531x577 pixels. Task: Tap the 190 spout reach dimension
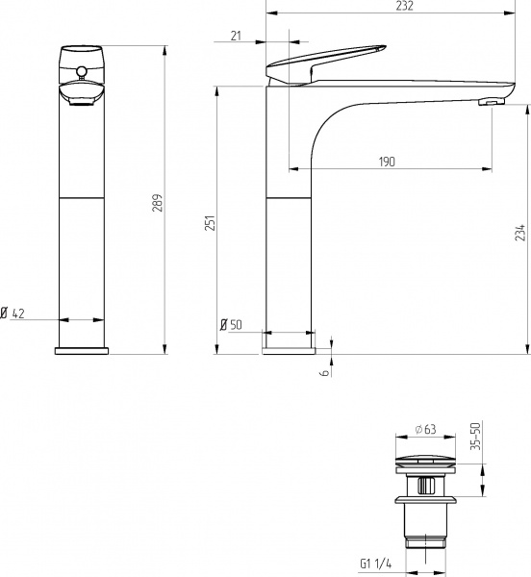[387, 161]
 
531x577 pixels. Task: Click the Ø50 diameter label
[232, 325]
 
